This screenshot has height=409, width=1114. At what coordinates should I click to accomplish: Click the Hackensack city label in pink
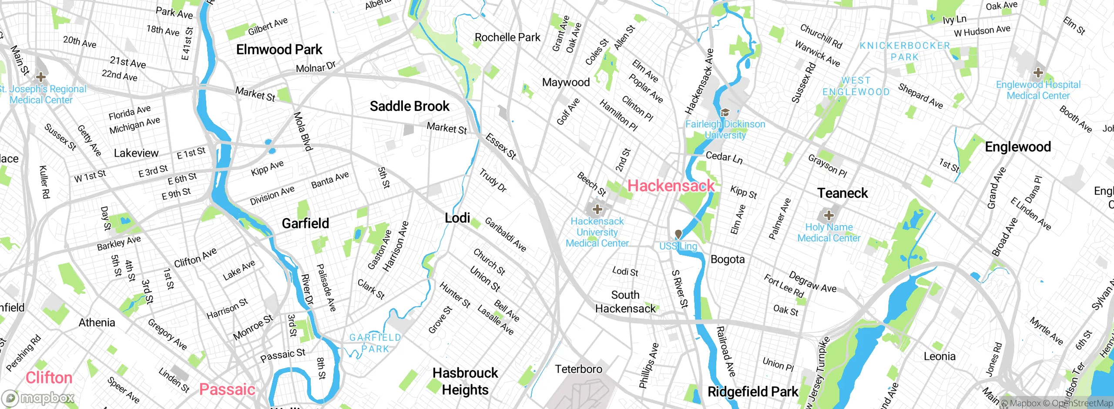(x=671, y=186)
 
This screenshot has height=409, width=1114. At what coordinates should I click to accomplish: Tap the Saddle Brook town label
(x=409, y=106)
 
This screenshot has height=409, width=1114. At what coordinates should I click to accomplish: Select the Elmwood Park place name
(x=279, y=50)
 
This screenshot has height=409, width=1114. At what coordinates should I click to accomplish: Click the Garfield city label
(x=305, y=223)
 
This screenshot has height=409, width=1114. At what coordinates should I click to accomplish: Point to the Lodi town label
(x=457, y=218)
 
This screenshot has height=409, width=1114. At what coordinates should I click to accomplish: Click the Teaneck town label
(x=842, y=193)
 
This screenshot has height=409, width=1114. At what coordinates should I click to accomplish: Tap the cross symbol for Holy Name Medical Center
(x=829, y=215)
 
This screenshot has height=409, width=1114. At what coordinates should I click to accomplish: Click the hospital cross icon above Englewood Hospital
(x=1038, y=72)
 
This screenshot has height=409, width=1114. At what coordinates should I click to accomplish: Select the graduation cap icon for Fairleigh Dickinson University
(x=725, y=113)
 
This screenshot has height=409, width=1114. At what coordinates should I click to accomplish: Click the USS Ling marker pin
(x=678, y=235)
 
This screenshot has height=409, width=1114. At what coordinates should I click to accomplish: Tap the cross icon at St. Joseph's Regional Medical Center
(x=41, y=77)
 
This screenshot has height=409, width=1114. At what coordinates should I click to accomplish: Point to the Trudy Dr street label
(x=493, y=180)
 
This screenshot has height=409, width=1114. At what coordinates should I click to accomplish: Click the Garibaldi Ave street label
(x=505, y=235)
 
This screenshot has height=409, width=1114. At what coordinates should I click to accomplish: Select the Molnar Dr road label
(x=315, y=67)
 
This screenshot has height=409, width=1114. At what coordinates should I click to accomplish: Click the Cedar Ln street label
(x=724, y=157)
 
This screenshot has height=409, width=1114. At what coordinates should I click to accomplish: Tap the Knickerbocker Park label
(x=905, y=51)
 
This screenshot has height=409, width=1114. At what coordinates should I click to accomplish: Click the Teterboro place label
(x=578, y=369)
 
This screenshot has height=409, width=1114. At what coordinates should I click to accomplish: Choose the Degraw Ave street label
(x=812, y=282)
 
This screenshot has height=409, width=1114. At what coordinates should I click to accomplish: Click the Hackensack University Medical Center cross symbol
(x=597, y=209)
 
